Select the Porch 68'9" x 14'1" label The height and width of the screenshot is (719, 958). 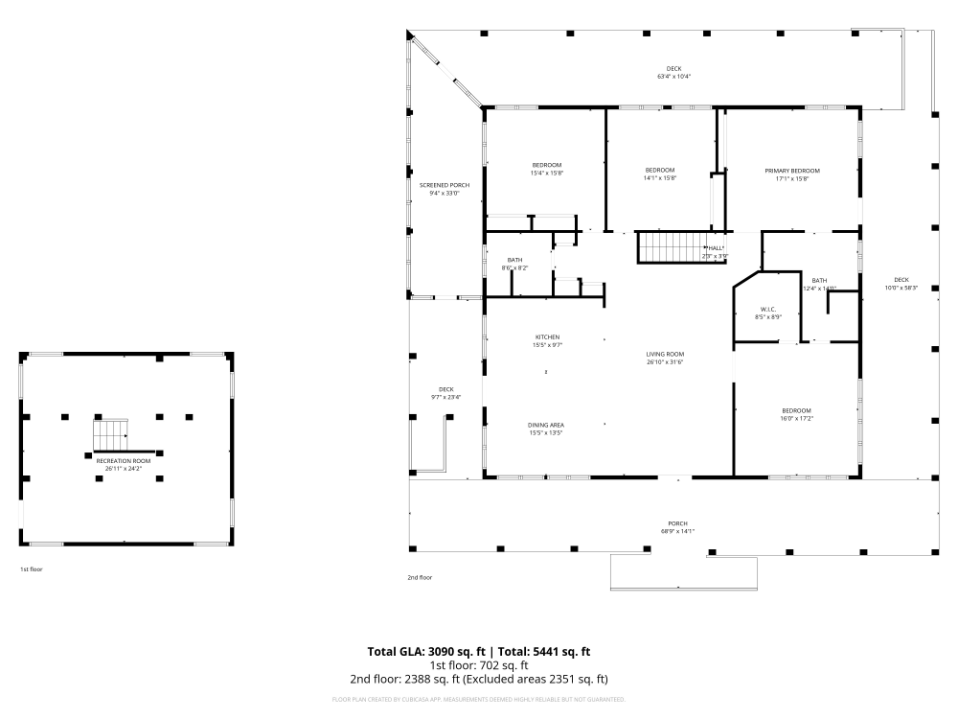(676, 527)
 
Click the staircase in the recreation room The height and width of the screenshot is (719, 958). (110, 434)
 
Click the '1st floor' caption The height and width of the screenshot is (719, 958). (32, 569)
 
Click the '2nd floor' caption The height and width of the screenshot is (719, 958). (420, 577)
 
